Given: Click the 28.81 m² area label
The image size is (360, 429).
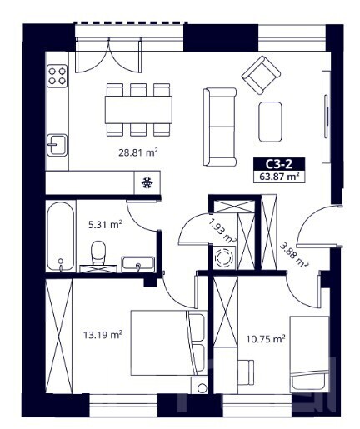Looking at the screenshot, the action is click(138, 152).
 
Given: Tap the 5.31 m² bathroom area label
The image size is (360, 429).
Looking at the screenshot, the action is click(105, 224).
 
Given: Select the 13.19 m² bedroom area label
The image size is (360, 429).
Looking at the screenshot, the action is click(102, 335).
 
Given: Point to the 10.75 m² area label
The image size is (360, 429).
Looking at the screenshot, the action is click(266, 339).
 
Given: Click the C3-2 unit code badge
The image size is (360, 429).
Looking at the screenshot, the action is click(279, 164).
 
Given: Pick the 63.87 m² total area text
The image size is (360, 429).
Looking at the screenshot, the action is click(279, 177).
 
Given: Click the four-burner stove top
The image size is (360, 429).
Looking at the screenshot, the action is click(57, 76).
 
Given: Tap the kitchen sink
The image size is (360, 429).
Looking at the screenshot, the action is click(57, 145).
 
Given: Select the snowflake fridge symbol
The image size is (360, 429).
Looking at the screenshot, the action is click(147, 182).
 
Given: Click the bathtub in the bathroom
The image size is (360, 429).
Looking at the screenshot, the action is click(61, 237).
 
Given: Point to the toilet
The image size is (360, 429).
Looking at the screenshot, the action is click(98, 252).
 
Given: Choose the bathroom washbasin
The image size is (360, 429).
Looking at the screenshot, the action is click(137, 264).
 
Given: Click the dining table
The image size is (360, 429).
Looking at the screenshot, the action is click(138, 110).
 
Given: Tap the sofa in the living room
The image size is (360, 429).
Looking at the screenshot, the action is click(220, 127).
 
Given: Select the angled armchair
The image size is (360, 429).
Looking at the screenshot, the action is click(261, 75).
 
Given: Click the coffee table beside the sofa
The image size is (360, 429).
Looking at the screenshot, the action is click(270, 122).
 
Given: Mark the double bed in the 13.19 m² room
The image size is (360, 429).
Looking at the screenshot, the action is click(169, 343).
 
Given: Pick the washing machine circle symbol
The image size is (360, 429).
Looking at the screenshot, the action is click(224, 257).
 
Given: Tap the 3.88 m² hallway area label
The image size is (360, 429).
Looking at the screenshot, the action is click(293, 255).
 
